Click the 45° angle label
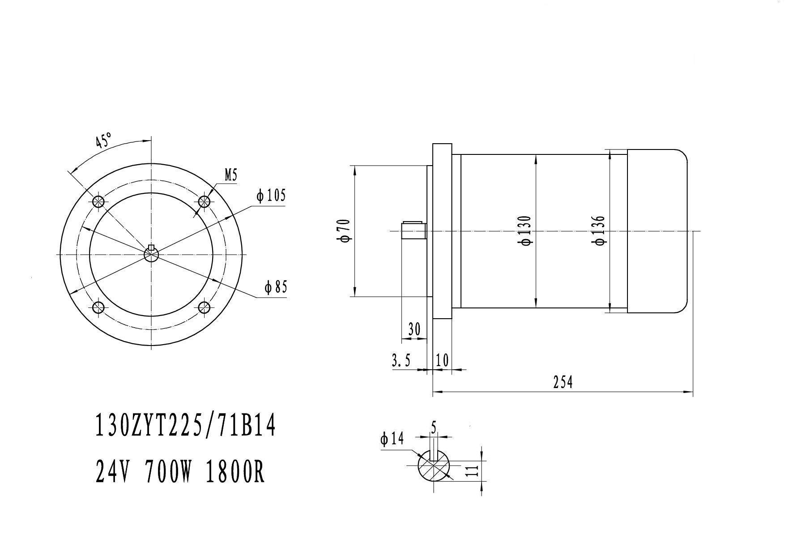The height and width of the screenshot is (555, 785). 103,141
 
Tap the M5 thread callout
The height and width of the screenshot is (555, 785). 230,175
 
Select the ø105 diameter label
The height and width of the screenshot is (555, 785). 271,196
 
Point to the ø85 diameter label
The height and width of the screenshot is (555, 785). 275,287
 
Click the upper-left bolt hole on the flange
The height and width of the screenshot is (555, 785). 98,201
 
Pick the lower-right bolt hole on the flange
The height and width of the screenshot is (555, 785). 205,307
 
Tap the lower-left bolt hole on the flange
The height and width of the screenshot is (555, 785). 98,307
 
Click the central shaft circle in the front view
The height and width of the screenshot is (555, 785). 151,254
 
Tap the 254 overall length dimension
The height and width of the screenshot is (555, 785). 563,382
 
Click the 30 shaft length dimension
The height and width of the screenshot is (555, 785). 415,329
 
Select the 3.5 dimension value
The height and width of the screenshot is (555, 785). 401,360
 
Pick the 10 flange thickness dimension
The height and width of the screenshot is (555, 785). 442,360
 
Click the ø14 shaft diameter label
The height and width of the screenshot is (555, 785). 392,439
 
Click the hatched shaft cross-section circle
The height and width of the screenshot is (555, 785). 434,465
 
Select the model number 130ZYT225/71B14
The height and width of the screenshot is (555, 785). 185,425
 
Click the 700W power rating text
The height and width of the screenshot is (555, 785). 169,472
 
